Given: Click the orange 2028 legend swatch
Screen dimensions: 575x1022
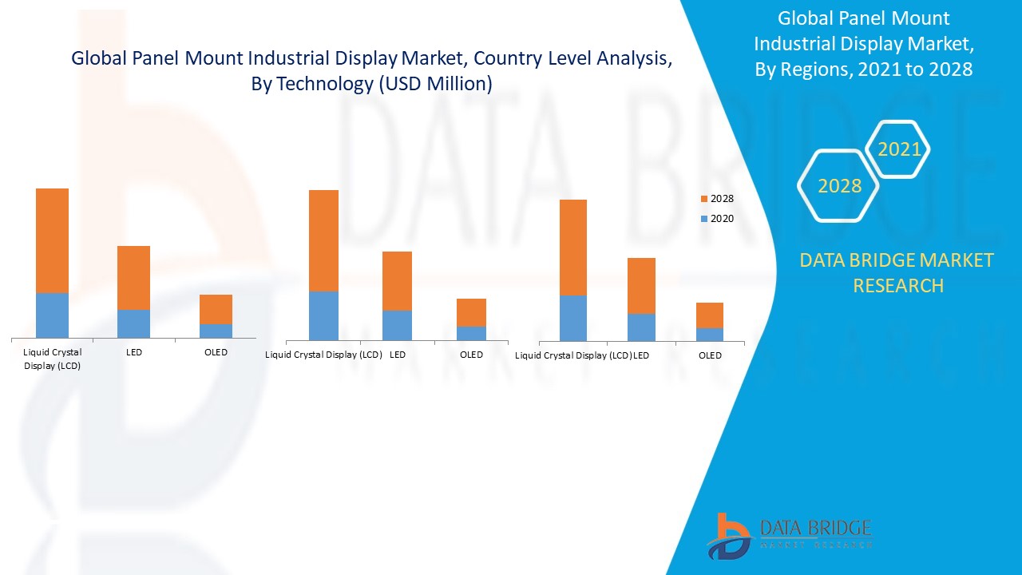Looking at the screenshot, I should [704, 199].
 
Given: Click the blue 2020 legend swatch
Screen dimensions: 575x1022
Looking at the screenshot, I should [704, 219].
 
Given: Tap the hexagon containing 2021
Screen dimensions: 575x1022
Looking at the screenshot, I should [899, 149].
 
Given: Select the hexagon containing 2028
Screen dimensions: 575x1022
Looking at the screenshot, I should [839, 186].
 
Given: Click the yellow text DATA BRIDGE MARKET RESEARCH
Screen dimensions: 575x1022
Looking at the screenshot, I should [897, 272].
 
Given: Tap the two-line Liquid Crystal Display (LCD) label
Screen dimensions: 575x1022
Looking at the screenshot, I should [52, 359].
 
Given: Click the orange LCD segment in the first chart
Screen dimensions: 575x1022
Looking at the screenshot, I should [52, 240].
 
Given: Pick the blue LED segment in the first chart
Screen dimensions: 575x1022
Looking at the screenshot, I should [133, 323].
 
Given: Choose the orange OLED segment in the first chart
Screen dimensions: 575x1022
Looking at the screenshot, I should [216, 309].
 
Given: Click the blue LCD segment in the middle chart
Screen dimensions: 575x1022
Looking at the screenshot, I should [323, 315].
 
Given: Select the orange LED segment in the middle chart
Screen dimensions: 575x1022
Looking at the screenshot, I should [397, 280].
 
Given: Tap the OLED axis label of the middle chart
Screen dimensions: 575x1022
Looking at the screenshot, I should [471, 355].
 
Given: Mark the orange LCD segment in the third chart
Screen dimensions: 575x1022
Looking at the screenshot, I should [573, 247].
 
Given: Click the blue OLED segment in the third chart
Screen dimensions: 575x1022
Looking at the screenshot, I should [709, 335].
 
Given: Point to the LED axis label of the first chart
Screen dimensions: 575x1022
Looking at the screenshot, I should [133, 352].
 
